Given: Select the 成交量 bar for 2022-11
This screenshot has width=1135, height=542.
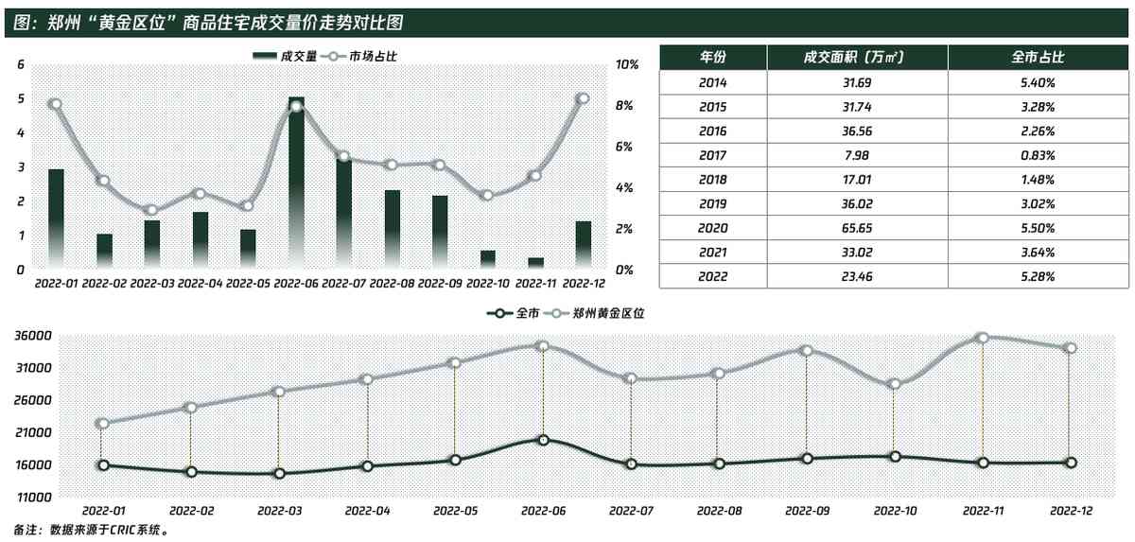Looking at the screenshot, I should [536, 263].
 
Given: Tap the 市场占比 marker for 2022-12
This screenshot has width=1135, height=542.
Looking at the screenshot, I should [584, 98].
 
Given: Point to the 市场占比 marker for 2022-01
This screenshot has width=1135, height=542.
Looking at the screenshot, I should [55, 104].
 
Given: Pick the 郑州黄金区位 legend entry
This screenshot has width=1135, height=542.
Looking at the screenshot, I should [601, 312].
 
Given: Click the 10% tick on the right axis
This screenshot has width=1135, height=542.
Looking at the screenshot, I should [628, 64].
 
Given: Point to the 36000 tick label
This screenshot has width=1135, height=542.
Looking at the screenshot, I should [32, 336].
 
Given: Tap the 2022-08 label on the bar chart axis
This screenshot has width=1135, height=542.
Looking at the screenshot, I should [393, 283].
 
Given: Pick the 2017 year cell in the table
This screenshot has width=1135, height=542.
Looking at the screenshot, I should [712, 155].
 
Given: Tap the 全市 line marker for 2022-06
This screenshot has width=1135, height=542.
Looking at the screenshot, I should [543, 440].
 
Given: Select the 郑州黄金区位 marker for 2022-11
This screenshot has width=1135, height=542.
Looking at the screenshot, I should [982, 338].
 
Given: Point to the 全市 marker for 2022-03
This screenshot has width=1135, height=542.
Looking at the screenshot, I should [279, 474].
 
